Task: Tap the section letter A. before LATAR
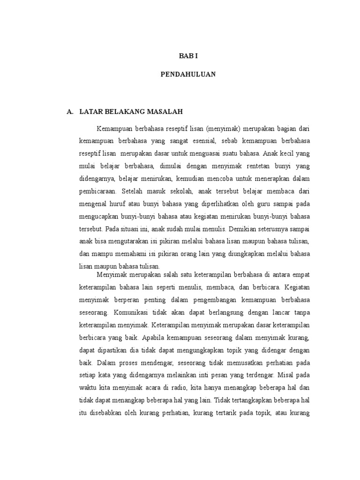[71, 112]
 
